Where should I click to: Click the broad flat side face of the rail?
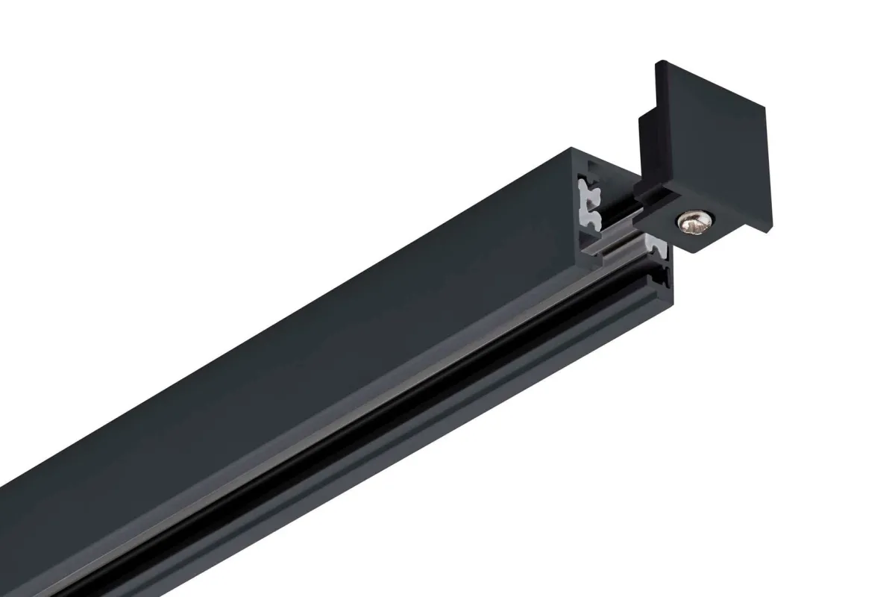tap(298, 298)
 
